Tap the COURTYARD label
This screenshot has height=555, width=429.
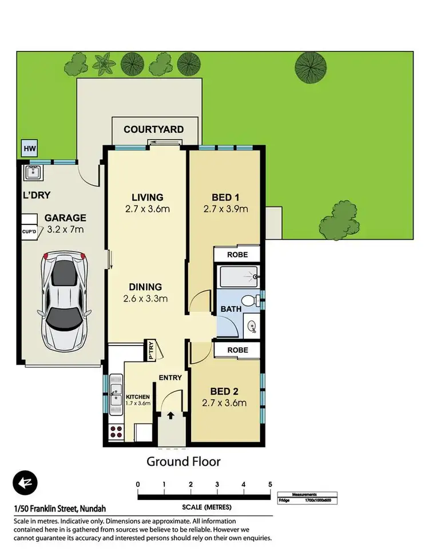(154, 129)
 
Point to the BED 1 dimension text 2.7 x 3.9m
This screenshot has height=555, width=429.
(225, 209)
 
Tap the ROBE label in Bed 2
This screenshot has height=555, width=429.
(237, 349)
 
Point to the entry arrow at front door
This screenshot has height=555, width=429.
(170, 416)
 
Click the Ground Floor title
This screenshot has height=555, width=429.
(184, 461)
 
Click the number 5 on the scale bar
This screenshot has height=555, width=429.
(270, 484)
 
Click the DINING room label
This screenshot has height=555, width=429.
(145, 287)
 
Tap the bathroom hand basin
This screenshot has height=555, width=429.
(253, 327)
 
